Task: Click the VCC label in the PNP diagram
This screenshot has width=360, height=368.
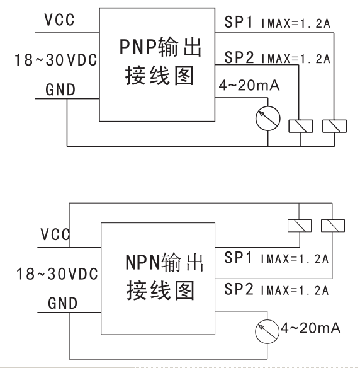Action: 60,20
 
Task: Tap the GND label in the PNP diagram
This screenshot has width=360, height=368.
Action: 60,89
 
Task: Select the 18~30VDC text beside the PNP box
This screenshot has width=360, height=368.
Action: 56,60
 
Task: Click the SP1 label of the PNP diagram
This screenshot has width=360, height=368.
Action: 239,22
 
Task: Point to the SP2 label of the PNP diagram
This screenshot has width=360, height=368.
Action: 239,57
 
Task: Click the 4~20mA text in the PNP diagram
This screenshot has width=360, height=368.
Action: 249,85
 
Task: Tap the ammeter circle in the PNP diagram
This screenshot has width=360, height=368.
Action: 268,118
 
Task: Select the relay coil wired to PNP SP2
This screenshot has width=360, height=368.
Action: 301,126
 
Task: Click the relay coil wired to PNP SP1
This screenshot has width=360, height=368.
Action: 334,126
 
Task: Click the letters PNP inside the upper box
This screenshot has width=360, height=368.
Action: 138,47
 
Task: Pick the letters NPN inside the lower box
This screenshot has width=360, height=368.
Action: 143,262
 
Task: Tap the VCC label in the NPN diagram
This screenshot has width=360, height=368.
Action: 55,234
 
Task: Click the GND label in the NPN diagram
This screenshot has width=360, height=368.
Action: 62,303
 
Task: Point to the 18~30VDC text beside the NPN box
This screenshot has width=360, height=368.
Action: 57,273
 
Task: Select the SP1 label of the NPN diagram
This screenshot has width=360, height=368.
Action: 238,258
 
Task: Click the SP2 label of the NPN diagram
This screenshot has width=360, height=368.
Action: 239,289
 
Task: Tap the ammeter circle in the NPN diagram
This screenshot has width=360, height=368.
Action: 267,331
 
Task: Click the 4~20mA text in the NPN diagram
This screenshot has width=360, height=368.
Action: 310,328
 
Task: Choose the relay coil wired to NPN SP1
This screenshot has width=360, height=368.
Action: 300,226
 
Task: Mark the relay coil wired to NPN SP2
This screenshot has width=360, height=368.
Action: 333,226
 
